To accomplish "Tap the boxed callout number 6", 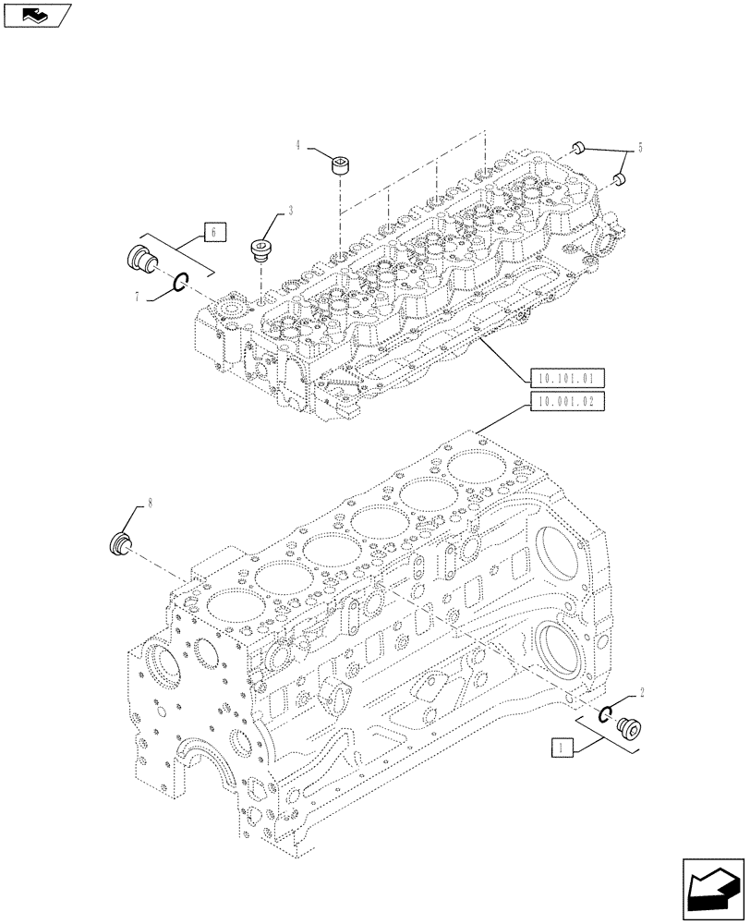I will [213, 233].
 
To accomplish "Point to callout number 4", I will [298, 145].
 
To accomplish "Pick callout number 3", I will [290, 211].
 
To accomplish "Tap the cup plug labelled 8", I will [119, 543].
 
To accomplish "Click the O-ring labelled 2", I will [606, 712].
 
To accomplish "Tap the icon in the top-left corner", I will [37, 15].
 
